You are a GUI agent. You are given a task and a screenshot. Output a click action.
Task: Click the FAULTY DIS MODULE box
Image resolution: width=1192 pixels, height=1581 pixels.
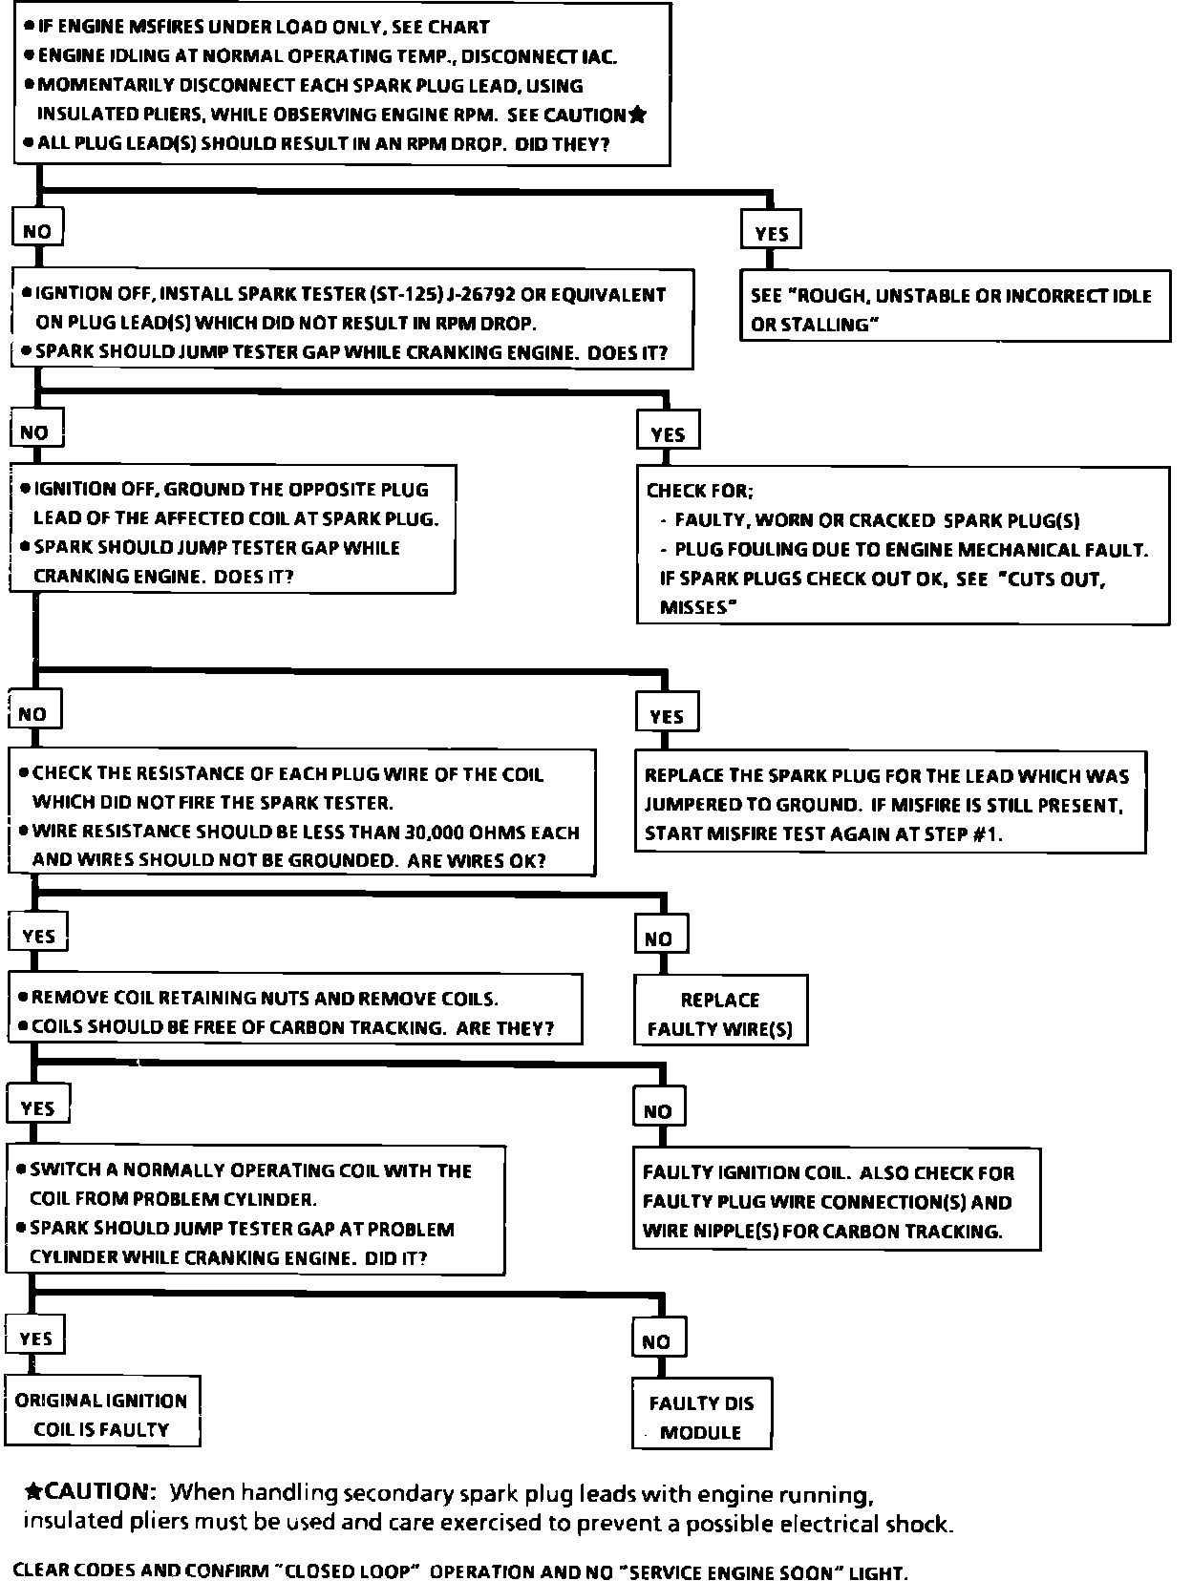pyautogui.click(x=701, y=1416)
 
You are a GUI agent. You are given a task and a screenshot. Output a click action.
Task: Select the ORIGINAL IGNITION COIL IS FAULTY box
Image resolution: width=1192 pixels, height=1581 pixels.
pyautogui.click(x=101, y=1414)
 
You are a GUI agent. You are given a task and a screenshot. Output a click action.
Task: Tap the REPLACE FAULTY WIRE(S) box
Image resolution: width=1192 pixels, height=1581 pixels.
pyautogui.click(x=720, y=1013)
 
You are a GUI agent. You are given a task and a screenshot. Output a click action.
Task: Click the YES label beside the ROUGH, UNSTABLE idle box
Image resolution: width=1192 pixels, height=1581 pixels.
pyautogui.click(x=772, y=233)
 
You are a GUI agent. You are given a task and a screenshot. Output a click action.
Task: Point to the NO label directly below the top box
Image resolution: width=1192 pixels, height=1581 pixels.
pyautogui.click(x=37, y=231)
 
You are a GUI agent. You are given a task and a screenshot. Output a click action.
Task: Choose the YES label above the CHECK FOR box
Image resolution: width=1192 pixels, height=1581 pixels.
pyautogui.click(x=668, y=434)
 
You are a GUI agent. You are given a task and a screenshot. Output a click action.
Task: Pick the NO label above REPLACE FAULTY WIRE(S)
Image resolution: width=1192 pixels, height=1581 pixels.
pyautogui.click(x=658, y=938)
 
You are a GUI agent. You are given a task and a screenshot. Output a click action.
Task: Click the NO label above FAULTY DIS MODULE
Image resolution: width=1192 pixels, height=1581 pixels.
pyautogui.click(x=656, y=1341)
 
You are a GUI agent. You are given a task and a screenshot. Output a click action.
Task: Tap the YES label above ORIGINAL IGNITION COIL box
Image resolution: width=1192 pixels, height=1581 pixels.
pyautogui.click(x=36, y=1339)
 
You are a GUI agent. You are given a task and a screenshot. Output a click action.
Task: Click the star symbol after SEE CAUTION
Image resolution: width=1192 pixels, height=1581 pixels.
pyautogui.click(x=637, y=116)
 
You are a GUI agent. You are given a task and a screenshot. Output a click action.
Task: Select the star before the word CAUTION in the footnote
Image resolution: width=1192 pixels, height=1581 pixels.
pyautogui.click(x=33, y=1491)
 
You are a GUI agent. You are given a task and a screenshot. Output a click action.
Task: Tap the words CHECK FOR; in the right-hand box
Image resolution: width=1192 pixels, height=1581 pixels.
pyautogui.click(x=700, y=491)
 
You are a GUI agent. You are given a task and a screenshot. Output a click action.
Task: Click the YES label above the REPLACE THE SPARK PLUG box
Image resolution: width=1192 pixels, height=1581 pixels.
pyautogui.click(x=667, y=716)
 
